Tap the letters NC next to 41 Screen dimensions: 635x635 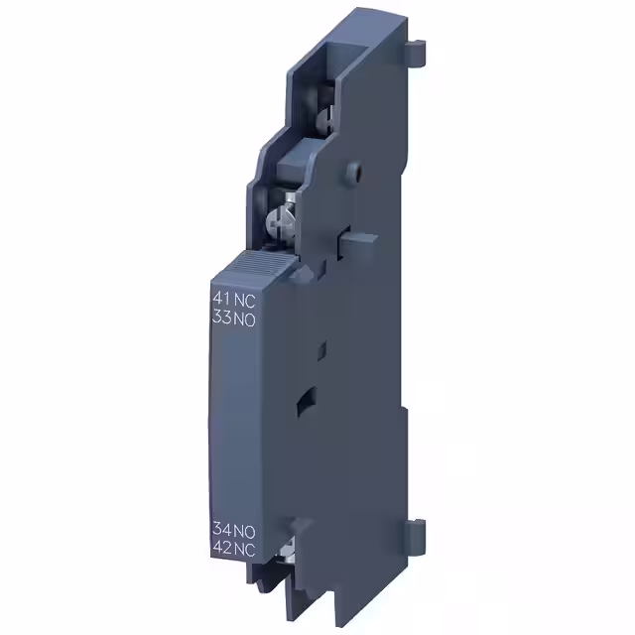[x=243, y=298]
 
